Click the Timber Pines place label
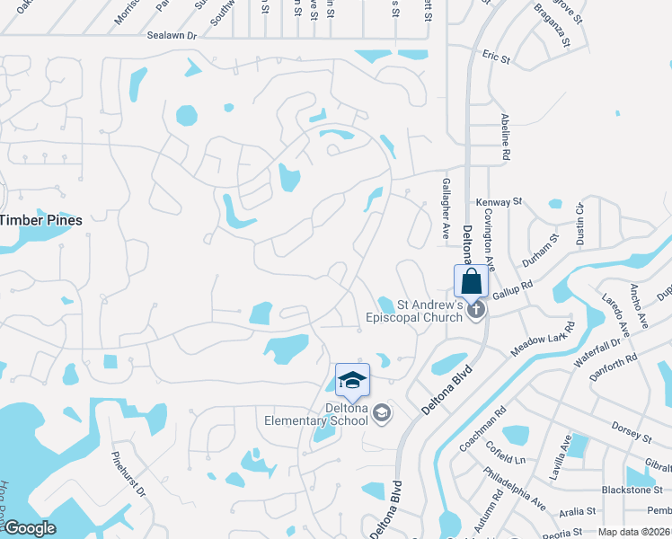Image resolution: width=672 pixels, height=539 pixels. coord(42,220)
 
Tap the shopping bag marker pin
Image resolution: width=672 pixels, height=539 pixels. coord(471,281)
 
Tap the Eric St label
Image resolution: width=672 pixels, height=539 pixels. coord(495,57)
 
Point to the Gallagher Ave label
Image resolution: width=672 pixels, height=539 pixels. coord(446,207)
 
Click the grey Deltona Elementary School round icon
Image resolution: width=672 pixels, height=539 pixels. coord(381,412)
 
